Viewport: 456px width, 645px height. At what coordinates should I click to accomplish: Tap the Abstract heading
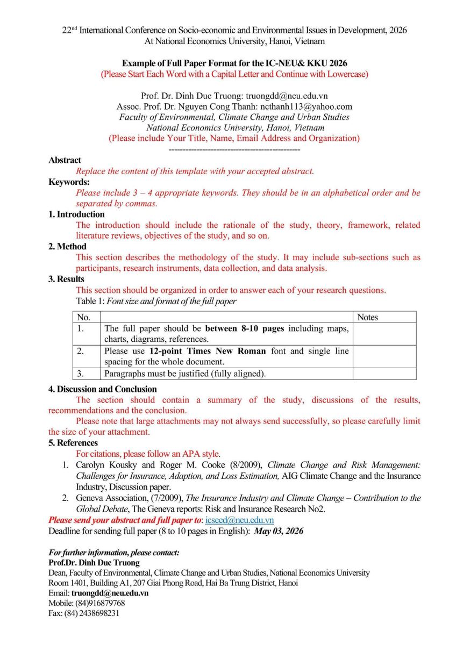(x=65, y=160)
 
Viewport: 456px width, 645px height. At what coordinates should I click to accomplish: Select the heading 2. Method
(x=67, y=247)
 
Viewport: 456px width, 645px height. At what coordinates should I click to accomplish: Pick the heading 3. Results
(x=66, y=279)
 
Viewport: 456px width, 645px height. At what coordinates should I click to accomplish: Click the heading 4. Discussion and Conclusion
(x=102, y=389)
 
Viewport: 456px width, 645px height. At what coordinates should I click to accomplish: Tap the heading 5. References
(x=73, y=443)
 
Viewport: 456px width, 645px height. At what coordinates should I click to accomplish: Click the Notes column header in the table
(x=367, y=317)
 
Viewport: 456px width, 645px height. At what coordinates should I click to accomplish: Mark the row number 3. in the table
(x=81, y=374)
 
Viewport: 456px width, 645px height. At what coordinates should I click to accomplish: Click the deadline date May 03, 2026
(x=279, y=531)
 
